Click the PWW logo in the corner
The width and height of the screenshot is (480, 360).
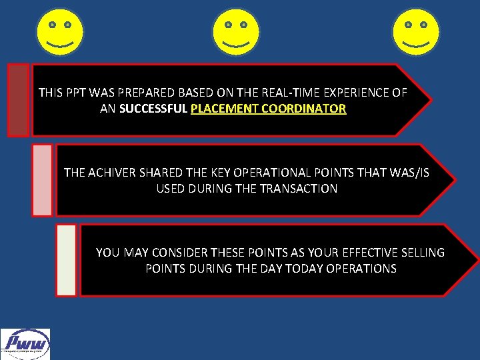click(x=25, y=344)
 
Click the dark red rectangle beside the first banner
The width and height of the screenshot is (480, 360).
click(x=19, y=100)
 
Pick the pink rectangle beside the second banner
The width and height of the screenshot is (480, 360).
click(x=43, y=180)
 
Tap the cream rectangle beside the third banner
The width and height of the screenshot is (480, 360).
click(x=66, y=260)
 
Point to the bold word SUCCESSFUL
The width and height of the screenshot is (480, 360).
click(x=153, y=109)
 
